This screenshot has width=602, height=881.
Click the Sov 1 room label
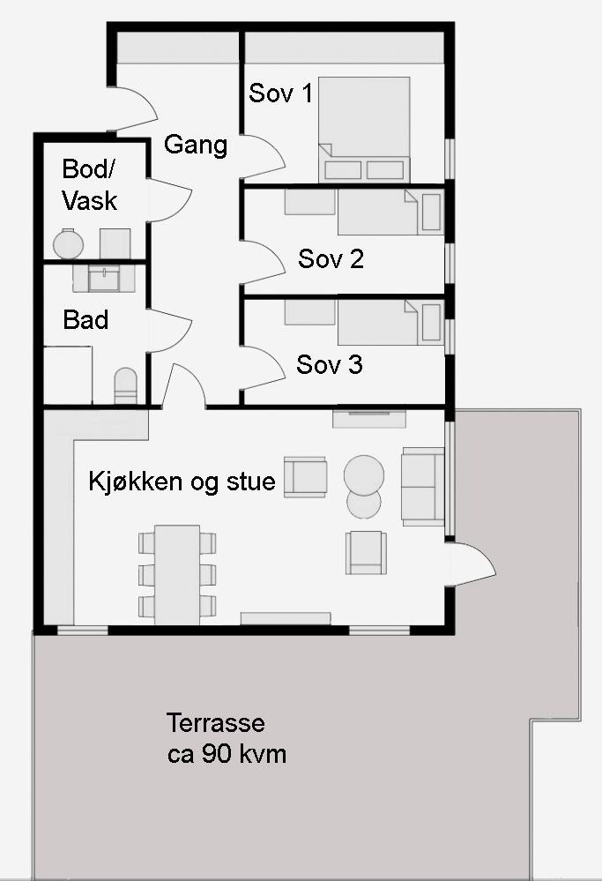pyautogui.click(x=280, y=93)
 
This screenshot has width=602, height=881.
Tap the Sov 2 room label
pyautogui.click(x=331, y=259)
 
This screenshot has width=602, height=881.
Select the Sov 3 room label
pyautogui.click(x=330, y=364)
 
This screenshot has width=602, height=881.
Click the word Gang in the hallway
pyautogui.click(x=196, y=145)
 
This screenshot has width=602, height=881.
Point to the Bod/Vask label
pyautogui.click(x=89, y=184)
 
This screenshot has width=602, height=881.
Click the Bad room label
pyautogui.click(x=85, y=319)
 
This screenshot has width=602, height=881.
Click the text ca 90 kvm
pyautogui.click(x=227, y=755)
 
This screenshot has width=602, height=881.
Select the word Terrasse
pyautogui.click(x=215, y=724)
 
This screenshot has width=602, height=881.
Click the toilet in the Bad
pyautogui.click(x=126, y=385)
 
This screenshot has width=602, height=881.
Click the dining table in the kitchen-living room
pyautogui.click(x=177, y=573)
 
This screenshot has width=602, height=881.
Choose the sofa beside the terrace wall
pyautogui.click(x=423, y=486)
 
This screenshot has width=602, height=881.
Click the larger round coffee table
pyautogui.click(x=363, y=474)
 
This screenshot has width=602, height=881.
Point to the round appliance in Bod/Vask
pyautogui.click(x=67, y=243)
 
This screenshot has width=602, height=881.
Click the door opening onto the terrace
pyautogui.click(x=472, y=564)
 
